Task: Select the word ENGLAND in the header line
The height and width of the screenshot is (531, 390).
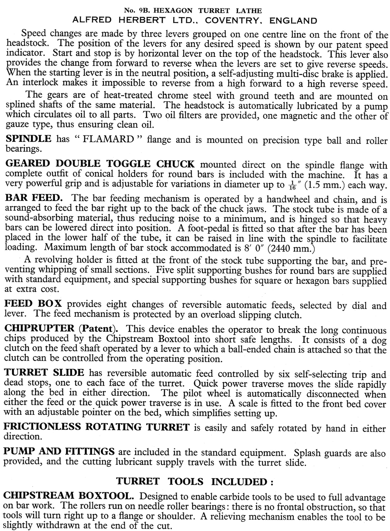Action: click(x=291, y=20)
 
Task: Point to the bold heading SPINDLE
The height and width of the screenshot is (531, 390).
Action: click(x=28, y=139)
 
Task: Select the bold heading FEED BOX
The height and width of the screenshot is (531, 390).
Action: click(x=34, y=304)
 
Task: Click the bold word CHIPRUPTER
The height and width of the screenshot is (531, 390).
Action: click(x=39, y=328)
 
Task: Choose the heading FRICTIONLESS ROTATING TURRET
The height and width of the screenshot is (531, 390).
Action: click(x=97, y=427)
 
